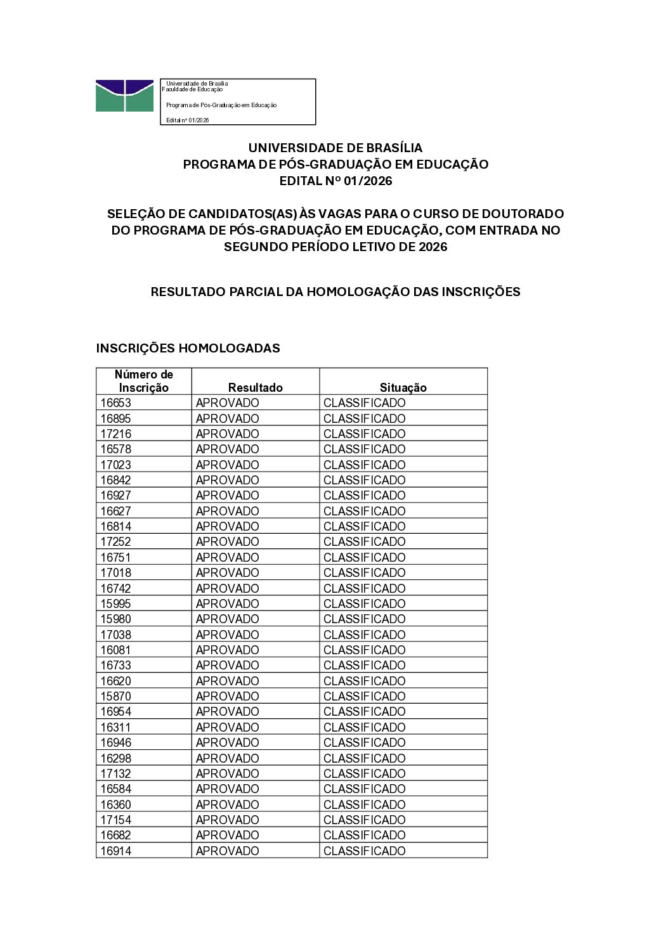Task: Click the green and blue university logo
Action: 124,96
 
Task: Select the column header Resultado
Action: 255,387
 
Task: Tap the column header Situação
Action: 403,387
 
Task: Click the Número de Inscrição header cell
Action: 144,381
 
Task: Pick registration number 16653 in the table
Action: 115,403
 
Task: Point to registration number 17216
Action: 115,434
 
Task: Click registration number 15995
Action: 115,604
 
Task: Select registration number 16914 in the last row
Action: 115,851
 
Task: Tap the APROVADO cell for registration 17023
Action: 227,465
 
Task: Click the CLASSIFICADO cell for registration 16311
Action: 364,727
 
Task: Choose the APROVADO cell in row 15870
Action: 227,696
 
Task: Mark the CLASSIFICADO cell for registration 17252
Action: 364,542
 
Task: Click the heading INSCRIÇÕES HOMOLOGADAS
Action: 188,348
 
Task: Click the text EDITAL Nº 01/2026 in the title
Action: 335,181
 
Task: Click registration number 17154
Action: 115,820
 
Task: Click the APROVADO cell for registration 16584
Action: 227,789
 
